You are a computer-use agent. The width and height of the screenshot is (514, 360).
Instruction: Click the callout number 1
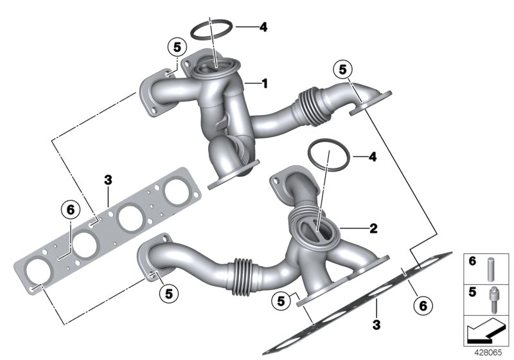coord(263,83)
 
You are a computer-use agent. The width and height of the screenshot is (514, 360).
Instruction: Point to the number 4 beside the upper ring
coord(263,27)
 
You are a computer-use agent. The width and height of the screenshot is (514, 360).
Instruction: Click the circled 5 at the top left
coord(175,47)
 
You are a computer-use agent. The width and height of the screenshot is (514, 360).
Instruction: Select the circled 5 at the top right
coord(342,69)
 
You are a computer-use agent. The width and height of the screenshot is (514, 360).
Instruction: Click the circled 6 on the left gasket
coord(70,208)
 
